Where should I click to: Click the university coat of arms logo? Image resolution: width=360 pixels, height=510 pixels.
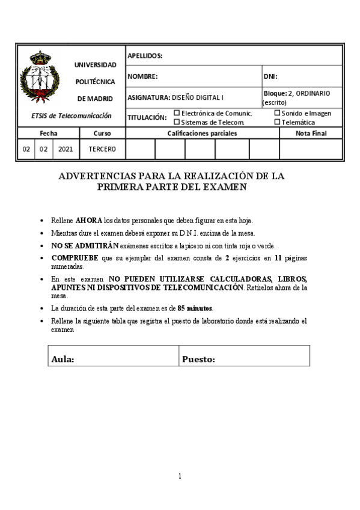click(x=40, y=78)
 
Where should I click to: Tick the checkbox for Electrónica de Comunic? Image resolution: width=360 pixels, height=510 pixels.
click(x=177, y=112)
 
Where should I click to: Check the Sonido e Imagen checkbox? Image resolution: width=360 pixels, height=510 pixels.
click(x=277, y=112)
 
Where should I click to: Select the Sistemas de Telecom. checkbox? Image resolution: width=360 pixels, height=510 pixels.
click(x=177, y=121)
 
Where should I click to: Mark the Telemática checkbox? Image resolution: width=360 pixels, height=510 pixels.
click(x=277, y=121)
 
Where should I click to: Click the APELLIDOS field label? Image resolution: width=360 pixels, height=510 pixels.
click(x=145, y=56)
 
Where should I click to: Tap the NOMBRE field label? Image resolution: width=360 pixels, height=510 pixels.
click(x=142, y=76)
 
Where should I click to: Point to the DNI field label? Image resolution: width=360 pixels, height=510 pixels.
click(x=270, y=76)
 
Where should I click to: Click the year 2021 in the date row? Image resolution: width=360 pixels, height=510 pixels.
click(x=65, y=148)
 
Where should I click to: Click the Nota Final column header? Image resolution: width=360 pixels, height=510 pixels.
click(x=311, y=133)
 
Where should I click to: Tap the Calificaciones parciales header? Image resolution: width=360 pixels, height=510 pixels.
click(x=202, y=133)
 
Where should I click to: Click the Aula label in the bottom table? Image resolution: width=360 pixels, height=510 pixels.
click(x=63, y=360)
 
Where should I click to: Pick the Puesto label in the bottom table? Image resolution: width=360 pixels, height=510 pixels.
click(x=198, y=360)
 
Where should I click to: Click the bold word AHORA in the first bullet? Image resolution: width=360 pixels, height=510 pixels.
click(x=90, y=220)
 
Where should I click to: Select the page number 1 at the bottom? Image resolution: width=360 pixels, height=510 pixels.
click(x=180, y=476)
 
